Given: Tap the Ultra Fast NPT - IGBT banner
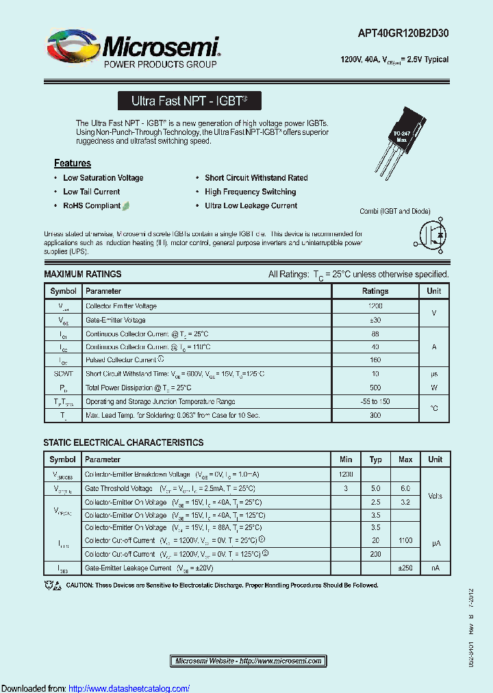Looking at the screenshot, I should [x=189, y=101].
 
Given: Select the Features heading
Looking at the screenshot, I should [x=73, y=163].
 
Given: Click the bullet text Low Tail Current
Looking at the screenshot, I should [x=91, y=192].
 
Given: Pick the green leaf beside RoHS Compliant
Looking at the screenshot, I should [x=127, y=205].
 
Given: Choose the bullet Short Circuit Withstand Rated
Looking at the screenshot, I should [x=256, y=177].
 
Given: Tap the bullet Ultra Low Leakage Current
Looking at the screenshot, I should [x=251, y=205].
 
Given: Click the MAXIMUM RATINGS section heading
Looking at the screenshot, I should [x=83, y=274].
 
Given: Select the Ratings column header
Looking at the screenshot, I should [x=375, y=291].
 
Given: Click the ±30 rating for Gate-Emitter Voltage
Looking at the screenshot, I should [x=375, y=320].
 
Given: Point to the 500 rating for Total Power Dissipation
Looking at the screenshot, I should [x=375, y=388].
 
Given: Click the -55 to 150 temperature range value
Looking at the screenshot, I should [x=375, y=401].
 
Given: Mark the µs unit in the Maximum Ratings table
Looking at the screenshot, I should [x=433, y=374].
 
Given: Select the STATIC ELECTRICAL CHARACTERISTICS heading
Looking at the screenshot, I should [x=123, y=442].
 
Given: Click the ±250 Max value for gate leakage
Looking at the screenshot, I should [x=405, y=568].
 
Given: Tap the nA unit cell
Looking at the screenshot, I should [x=435, y=568].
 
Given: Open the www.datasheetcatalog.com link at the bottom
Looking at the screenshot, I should [x=129, y=688].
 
